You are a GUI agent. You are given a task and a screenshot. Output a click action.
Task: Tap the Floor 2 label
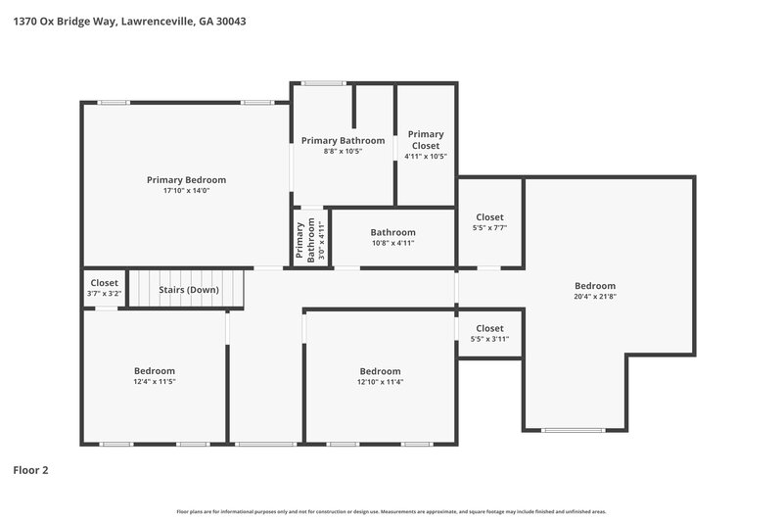pyautogui.click(x=30, y=470)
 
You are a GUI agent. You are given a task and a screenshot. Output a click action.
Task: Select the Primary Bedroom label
pyautogui.click(x=186, y=179)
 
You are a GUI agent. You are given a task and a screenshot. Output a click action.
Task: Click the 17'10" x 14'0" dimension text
pyautogui.click(x=186, y=191)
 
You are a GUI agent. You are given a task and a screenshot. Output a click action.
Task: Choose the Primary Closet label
pyautogui.click(x=426, y=140)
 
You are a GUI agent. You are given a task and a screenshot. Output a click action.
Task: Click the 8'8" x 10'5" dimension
pyautogui.click(x=343, y=152)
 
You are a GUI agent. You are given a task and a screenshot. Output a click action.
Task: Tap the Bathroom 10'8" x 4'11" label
pyautogui.click(x=392, y=238)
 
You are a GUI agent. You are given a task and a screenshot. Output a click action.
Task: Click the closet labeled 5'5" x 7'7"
pyautogui.click(x=489, y=221)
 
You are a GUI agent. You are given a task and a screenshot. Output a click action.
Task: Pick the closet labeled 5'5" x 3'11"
pyautogui.click(x=489, y=333)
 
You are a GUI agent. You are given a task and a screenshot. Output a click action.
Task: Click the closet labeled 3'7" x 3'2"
pyautogui.click(x=104, y=288)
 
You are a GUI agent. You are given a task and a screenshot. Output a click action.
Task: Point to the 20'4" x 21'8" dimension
pyautogui.click(x=595, y=297)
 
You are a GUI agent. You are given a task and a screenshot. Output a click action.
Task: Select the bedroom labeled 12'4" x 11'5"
pyautogui.click(x=155, y=376)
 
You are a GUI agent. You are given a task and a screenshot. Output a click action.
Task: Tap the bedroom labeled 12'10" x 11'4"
pyautogui.click(x=380, y=376)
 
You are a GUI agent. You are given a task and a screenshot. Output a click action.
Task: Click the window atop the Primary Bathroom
pyautogui.click(x=322, y=83)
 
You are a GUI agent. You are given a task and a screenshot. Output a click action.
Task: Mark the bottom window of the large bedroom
pyautogui.click(x=574, y=430)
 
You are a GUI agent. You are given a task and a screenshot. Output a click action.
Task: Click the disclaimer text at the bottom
pyautogui.click(x=391, y=511)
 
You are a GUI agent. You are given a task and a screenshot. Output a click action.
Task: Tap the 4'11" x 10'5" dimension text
pyautogui.click(x=426, y=157)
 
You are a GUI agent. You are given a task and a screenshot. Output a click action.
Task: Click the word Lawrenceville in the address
pyautogui.click(x=156, y=20)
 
